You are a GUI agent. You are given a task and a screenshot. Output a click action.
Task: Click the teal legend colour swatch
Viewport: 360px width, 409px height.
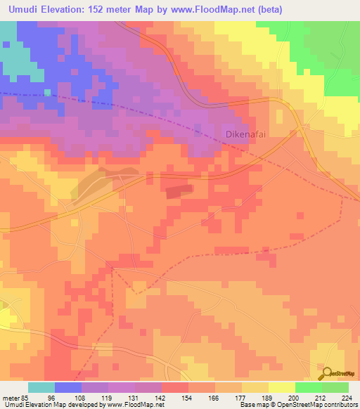(41, 387)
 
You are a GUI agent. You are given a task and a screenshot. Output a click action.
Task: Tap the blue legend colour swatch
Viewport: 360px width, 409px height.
(68, 387)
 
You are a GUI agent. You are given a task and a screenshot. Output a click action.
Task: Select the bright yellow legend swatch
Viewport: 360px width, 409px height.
(282, 387)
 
